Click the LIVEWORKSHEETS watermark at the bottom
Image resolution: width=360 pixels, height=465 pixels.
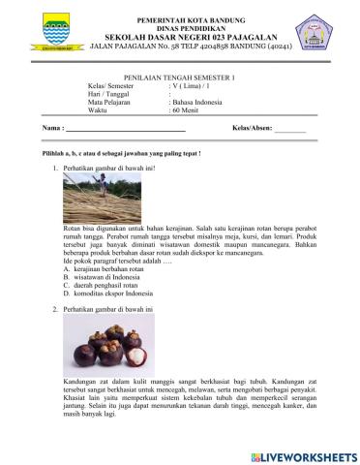[302, 454]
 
